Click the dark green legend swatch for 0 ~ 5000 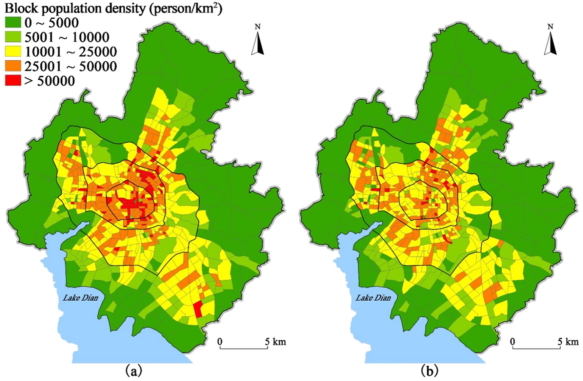coord(13,23)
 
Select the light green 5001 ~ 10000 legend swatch coord(13,37)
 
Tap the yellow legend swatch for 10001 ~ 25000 coord(13,52)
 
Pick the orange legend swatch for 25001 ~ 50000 coord(13,66)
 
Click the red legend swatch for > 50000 coord(13,80)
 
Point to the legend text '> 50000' coord(49,81)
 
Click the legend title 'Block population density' coord(75,8)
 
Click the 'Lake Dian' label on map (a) coord(80,298)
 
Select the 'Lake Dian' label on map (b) coord(373,298)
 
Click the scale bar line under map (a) coord(244,348)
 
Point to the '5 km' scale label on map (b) coord(568,342)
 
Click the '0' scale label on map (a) coord(220,342)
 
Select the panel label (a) coord(134,370)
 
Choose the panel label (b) coord(429,370)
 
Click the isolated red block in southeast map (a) coord(198,309)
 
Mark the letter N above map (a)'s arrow coord(258,27)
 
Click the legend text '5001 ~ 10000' coord(67,37)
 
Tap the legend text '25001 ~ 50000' coord(70,66)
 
